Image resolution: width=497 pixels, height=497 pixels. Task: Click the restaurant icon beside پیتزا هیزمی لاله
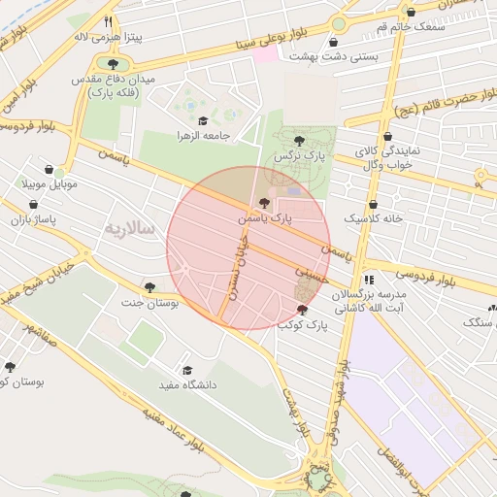108,20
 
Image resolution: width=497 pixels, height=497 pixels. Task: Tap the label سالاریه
129,229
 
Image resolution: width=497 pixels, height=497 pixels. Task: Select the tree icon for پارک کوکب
303,310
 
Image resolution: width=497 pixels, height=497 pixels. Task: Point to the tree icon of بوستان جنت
149,286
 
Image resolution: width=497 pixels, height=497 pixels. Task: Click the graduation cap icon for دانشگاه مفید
186,370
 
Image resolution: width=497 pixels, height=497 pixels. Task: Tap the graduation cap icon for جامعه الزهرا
204,120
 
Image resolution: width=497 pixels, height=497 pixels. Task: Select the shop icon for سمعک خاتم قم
411,12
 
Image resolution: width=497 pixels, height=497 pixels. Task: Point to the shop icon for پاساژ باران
36,206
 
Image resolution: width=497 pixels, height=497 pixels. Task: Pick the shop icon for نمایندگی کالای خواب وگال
388,137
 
